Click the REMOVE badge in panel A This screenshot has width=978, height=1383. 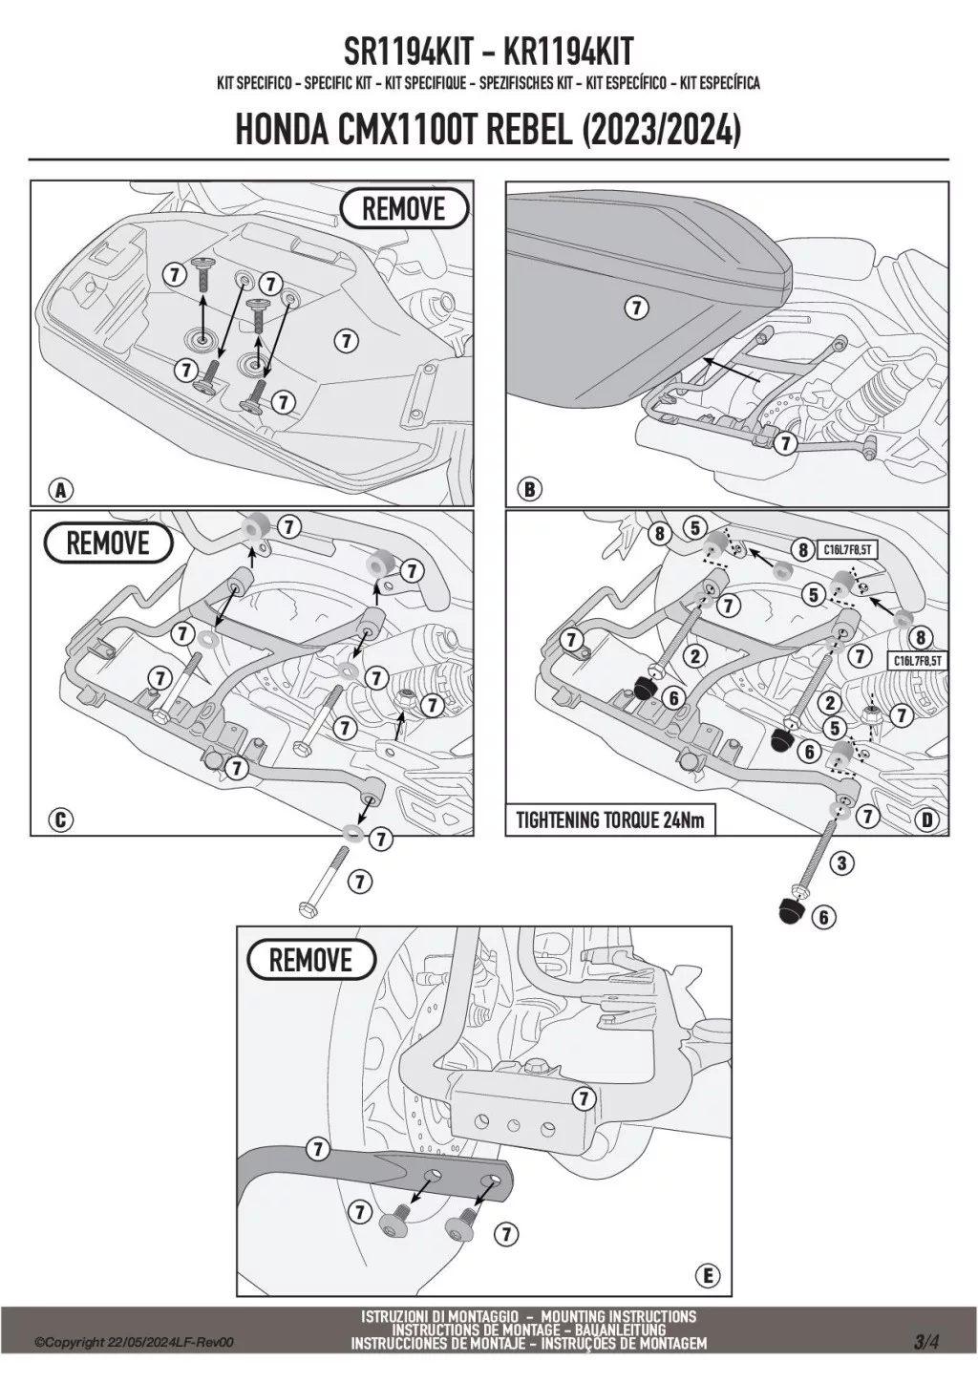pyautogui.click(x=404, y=208)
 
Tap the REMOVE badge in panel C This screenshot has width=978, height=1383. pyautogui.click(x=108, y=543)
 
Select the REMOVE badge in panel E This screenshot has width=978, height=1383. pyautogui.click(x=310, y=960)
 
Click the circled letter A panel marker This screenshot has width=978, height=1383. pyautogui.click(x=60, y=491)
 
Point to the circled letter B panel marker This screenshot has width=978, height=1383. pyautogui.click(x=529, y=490)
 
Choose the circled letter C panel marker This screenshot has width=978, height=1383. pyautogui.click(x=60, y=819)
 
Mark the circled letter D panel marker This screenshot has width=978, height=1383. pyautogui.click(x=925, y=819)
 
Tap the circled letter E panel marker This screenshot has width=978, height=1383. pyautogui.click(x=708, y=1275)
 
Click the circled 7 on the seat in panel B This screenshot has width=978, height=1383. pyautogui.click(x=636, y=308)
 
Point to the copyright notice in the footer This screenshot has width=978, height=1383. pyautogui.click(x=134, y=1343)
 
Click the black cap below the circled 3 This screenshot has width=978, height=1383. pyautogui.click(x=791, y=909)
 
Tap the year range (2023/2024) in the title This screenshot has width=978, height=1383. pyautogui.click(x=660, y=131)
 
